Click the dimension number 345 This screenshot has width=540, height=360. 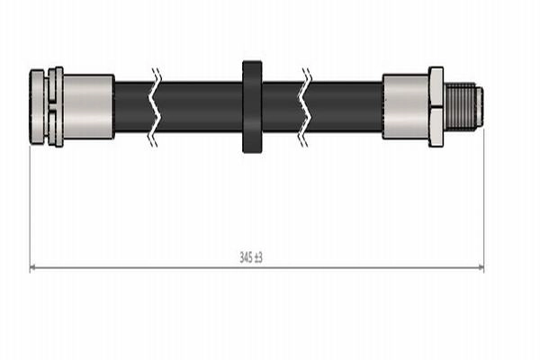[247, 257]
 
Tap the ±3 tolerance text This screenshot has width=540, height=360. [258, 257]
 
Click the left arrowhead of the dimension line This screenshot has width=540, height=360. [33, 267]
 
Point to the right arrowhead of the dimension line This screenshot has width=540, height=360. [481, 267]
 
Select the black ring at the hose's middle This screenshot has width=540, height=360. [252, 107]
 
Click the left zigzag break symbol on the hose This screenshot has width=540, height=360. [155, 107]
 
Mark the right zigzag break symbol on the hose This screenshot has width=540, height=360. [305, 107]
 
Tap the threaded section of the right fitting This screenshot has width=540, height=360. [460, 106]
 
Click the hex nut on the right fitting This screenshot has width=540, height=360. [436, 107]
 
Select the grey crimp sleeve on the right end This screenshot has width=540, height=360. [406, 106]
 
